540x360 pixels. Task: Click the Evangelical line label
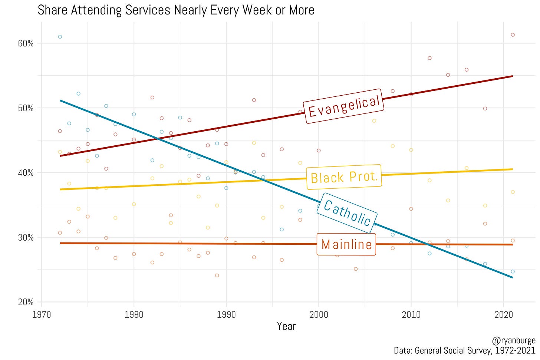[x=344, y=106]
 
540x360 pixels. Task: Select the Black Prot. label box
[x=344, y=177]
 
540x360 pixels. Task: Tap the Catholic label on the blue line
[x=347, y=213]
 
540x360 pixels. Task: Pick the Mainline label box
[x=346, y=244]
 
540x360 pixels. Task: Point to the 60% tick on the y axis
[x=26, y=43]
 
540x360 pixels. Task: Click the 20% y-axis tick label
[x=26, y=302]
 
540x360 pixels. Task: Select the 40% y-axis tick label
[x=26, y=173]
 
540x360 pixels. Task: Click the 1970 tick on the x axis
[x=42, y=315]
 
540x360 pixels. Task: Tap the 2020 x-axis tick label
[x=504, y=315]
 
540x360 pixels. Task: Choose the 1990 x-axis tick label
[x=226, y=315]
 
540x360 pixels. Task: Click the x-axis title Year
[x=286, y=327]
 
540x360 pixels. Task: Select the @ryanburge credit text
[x=513, y=340]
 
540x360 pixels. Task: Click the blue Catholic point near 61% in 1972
[x=60, y=37]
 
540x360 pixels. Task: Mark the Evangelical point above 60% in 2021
[x=513, y=35]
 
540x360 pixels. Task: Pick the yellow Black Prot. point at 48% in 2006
[x=374, y=121]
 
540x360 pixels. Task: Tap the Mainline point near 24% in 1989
[x=217, y=275]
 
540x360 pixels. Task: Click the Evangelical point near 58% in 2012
[x=429, y=58]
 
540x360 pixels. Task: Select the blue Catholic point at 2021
[x=513, y=272]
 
